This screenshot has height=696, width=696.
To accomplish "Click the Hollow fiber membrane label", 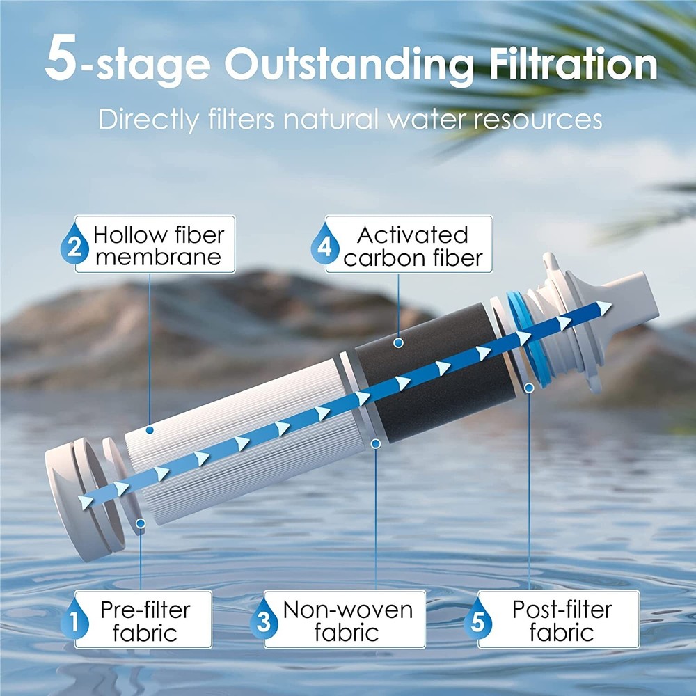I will (157, 245).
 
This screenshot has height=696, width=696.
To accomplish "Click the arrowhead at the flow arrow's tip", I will (604, 307).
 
